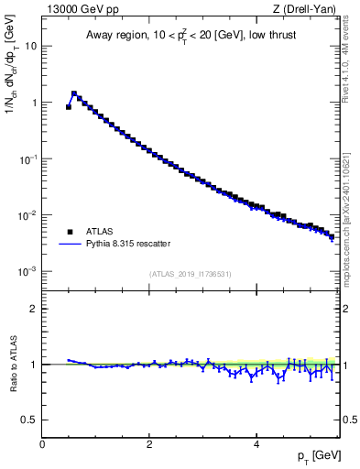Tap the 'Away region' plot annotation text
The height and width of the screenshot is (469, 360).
pyautogui.click(x=190, y=36)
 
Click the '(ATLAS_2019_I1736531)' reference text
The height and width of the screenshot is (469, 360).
pyautogui.click(x=191, y=274)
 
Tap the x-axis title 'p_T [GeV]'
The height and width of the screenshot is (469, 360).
pyautogui.click(x=314, y=455)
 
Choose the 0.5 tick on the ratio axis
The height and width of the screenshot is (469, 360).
pyautogui.click(x=30, y=420)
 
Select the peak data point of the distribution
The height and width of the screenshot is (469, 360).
pyautogui.click(x=74, y=93)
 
